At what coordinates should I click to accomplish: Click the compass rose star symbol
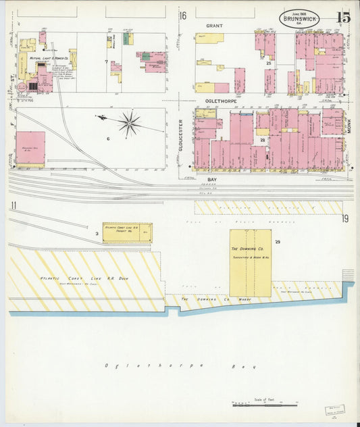(x=129, y=122)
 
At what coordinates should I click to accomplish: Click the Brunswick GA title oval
(x=299, y=18)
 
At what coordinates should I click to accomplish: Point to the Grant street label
(x=213, y=25)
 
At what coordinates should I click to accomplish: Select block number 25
(x=269, y=64)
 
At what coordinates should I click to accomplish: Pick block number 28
(x=262, y=140)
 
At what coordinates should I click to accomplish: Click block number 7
(x=106, y=61)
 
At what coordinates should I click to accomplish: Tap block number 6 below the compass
(x=107, y=139)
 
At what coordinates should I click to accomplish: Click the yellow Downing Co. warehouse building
(x=250, y=263)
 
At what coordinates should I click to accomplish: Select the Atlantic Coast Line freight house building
(x=127, y=232)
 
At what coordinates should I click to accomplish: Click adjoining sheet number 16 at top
(x=182, y=16)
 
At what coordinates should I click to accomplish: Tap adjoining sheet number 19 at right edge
(x=345, y=218)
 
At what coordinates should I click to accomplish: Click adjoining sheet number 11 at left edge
(x=13, y=206)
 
